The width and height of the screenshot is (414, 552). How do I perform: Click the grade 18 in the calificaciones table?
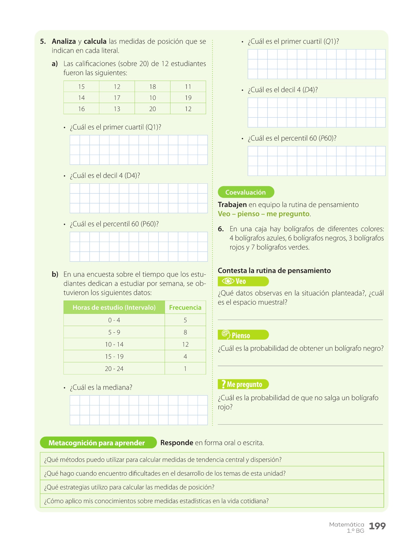click(x=152, y=87)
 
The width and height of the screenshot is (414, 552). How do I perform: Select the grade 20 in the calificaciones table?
click(x=152, y=109)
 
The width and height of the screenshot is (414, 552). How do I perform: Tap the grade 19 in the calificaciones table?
click(x=188, y=98)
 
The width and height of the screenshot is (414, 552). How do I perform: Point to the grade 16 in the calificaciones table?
click(x=81, y=109)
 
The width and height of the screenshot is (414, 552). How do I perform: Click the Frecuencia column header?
click(x=185, y=308)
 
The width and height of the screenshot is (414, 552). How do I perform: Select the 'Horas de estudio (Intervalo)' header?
click(x=114, y=308)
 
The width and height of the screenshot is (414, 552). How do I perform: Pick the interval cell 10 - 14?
click(x=114, y=344)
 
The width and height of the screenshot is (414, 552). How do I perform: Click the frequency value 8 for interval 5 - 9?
click(x=185, y=332)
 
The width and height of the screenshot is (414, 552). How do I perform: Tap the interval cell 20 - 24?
click(x=114, y=369)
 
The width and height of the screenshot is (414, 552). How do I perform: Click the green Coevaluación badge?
click(x=246, y=192)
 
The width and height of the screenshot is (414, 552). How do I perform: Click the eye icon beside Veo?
click(x=228, y=281)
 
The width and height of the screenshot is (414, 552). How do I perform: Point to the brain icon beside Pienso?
click(x=226, y=335)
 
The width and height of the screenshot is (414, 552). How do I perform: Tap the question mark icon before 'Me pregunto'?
click(x=223, y=384)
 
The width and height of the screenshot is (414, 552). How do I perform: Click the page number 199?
click(x=377, y=526)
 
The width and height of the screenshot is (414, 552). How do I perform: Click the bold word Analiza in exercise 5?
click(x=64, y=41)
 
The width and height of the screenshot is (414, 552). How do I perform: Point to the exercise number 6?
click(x=221, y=229)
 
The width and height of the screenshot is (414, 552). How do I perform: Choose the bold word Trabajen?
click(x=232, y=205)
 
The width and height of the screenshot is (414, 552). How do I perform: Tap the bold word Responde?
click(x=177, y=443)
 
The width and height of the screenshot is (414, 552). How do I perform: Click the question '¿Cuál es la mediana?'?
click(x=101, y=388)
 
